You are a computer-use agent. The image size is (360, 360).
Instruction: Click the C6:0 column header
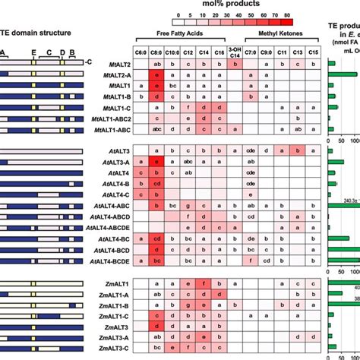coord(141,51)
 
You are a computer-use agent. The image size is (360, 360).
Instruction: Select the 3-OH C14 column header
coord(235,51)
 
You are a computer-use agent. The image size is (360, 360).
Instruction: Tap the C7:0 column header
coord(252,51)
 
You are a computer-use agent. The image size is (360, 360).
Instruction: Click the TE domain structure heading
coord(36,33)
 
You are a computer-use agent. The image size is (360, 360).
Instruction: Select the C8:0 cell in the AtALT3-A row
coord(157,163)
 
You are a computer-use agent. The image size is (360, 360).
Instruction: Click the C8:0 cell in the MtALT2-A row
coord(157,76)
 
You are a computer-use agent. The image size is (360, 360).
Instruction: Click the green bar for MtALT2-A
coord(342,76)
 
